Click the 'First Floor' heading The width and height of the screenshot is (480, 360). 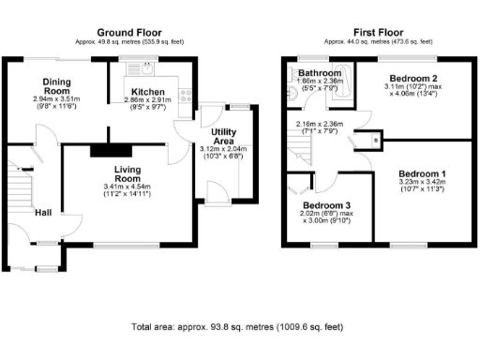379,32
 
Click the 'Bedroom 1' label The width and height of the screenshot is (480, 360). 422,174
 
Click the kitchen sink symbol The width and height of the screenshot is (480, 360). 147,68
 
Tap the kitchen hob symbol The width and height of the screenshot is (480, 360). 186,94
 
